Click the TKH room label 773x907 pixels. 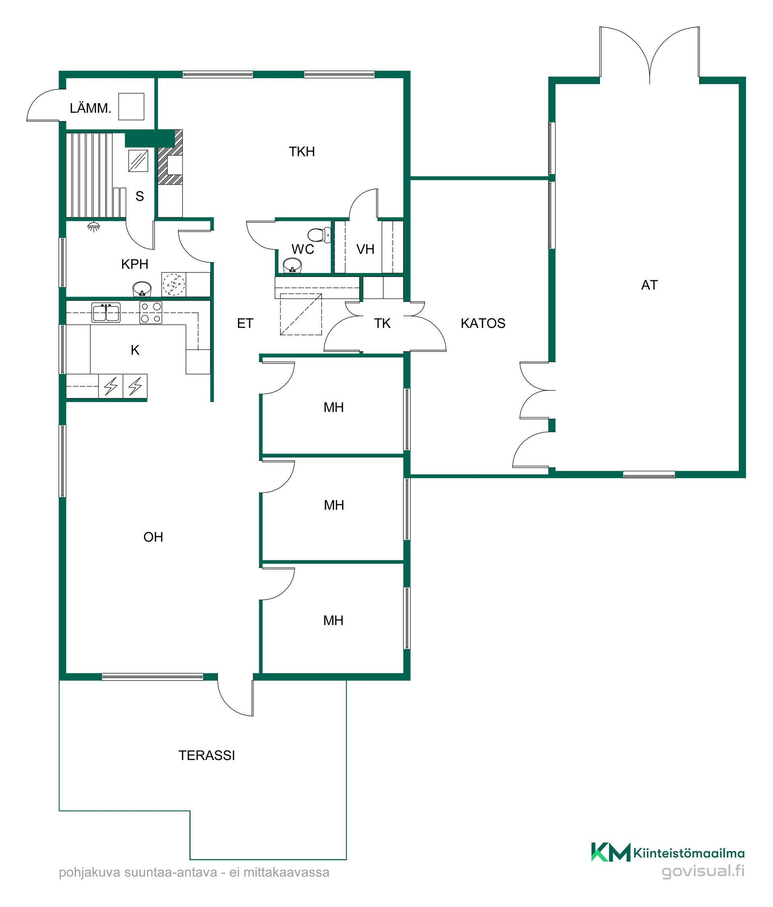302,151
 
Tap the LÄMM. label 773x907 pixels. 90,108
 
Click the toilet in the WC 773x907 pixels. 320,235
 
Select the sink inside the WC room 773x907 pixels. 292,265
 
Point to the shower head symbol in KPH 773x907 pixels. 92,227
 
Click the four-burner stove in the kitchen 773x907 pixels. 151,312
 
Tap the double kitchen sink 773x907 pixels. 106,312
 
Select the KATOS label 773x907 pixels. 483,323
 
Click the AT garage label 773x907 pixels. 649,285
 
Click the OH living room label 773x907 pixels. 153,537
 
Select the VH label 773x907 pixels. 365,250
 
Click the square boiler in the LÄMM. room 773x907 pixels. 131,106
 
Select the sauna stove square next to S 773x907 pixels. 138,161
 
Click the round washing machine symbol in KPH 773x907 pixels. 174,285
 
